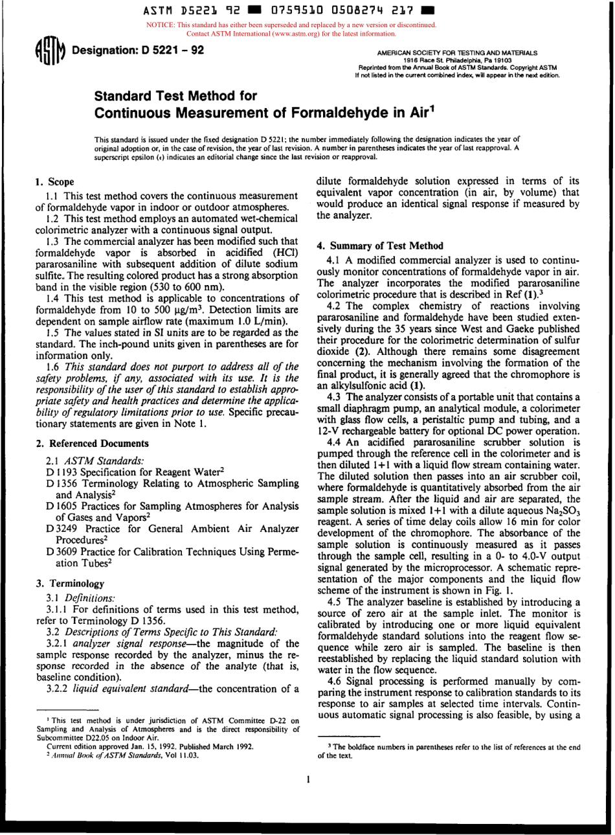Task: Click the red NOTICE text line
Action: pyautogui.click(x=291, y=25)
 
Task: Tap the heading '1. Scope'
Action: pyautogui.click(x=54, y=182)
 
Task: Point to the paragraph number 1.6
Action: pyautogui.click(x=54, y=367)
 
